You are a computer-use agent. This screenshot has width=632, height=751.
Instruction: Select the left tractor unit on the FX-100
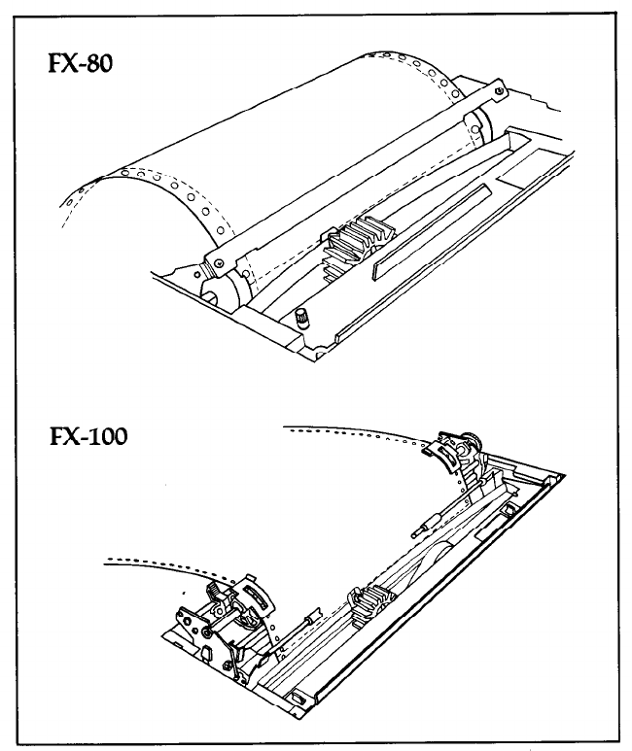pos(219,622)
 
